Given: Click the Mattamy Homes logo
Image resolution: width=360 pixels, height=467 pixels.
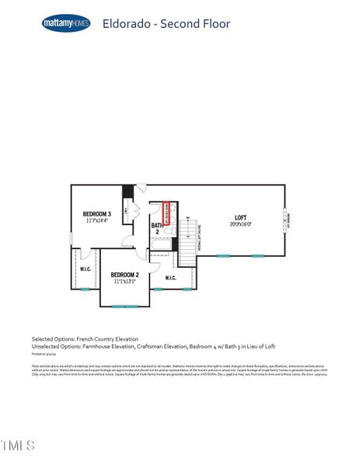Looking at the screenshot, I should click(x=66, y=23).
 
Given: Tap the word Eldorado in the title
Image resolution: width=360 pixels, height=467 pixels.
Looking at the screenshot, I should click(x=124, y=24).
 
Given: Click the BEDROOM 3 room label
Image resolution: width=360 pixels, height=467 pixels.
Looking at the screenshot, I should click(x=98, y=213).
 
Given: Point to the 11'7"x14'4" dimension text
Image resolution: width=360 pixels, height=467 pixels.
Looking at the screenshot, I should click(x=98, y=220).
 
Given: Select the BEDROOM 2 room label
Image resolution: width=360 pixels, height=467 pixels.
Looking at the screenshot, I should click(x=124, y=275).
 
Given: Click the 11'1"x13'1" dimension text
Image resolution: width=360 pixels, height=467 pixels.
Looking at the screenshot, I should click(x=124, y=282).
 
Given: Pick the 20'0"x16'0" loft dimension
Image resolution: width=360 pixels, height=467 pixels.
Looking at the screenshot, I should click(x=241, y=224).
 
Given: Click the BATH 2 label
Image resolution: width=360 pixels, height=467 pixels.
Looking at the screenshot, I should click(x=156, y=228).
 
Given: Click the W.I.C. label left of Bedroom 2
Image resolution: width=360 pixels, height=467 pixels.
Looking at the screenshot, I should click(x=86, y=269).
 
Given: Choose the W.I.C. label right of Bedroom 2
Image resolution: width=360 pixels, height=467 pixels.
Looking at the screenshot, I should click(x=170, y=277).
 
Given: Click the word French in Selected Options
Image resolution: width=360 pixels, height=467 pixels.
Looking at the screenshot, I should click(x=83, y=339).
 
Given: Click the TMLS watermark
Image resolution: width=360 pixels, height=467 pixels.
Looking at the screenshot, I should click(x=17, y=446).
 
